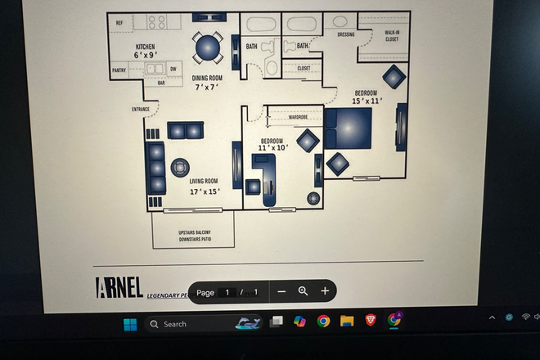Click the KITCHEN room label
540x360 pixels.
(x=145, y=47)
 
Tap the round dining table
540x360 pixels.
(x=207, y=48)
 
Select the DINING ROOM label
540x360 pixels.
(x=207, y=79)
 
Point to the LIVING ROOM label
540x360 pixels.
(x=204, y=181)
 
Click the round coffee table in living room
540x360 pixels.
(x=179, y=168)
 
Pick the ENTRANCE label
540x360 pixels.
(x=141, y=109)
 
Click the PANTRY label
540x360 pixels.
(x=119, y=70)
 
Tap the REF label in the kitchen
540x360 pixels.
(x=119, y=23)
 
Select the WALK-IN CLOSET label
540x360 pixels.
(x=392, y=35)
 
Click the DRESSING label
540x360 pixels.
(x=345, y=34)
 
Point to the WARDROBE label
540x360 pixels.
(x=298, y=117)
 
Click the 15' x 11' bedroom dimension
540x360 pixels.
(x=367, y=101)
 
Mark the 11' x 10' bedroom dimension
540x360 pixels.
(x=273, y=148)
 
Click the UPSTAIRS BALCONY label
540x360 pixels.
(x=194, y=232)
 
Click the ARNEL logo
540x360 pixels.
(x=119, y=287)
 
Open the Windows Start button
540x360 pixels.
(x=130, y=324)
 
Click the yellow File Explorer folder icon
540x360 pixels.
(x=346, y=321)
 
